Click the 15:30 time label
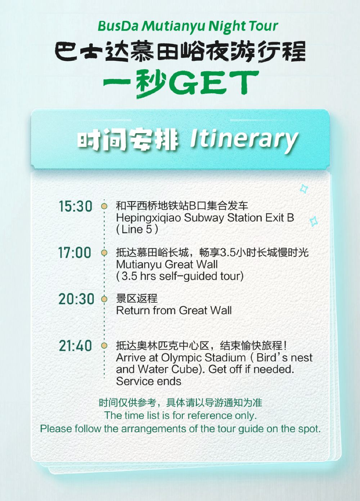point(75,206)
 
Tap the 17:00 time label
point(75,253)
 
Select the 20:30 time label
point(76,299)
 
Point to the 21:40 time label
point(75,346)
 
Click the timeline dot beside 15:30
point(104,206)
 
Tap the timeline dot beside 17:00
point(104,253)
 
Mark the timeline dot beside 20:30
point(104,299)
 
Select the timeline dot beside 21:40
point(104,346)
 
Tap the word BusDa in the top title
point(118,26)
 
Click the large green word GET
point(214,82)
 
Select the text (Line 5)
point(137,230)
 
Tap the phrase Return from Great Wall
point(174,311)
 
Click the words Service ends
point(149,382)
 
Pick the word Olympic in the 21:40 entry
point(181,358)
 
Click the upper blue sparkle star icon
point(303,189)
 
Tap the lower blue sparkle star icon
point(314,221)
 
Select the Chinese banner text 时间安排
point(128,140)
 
